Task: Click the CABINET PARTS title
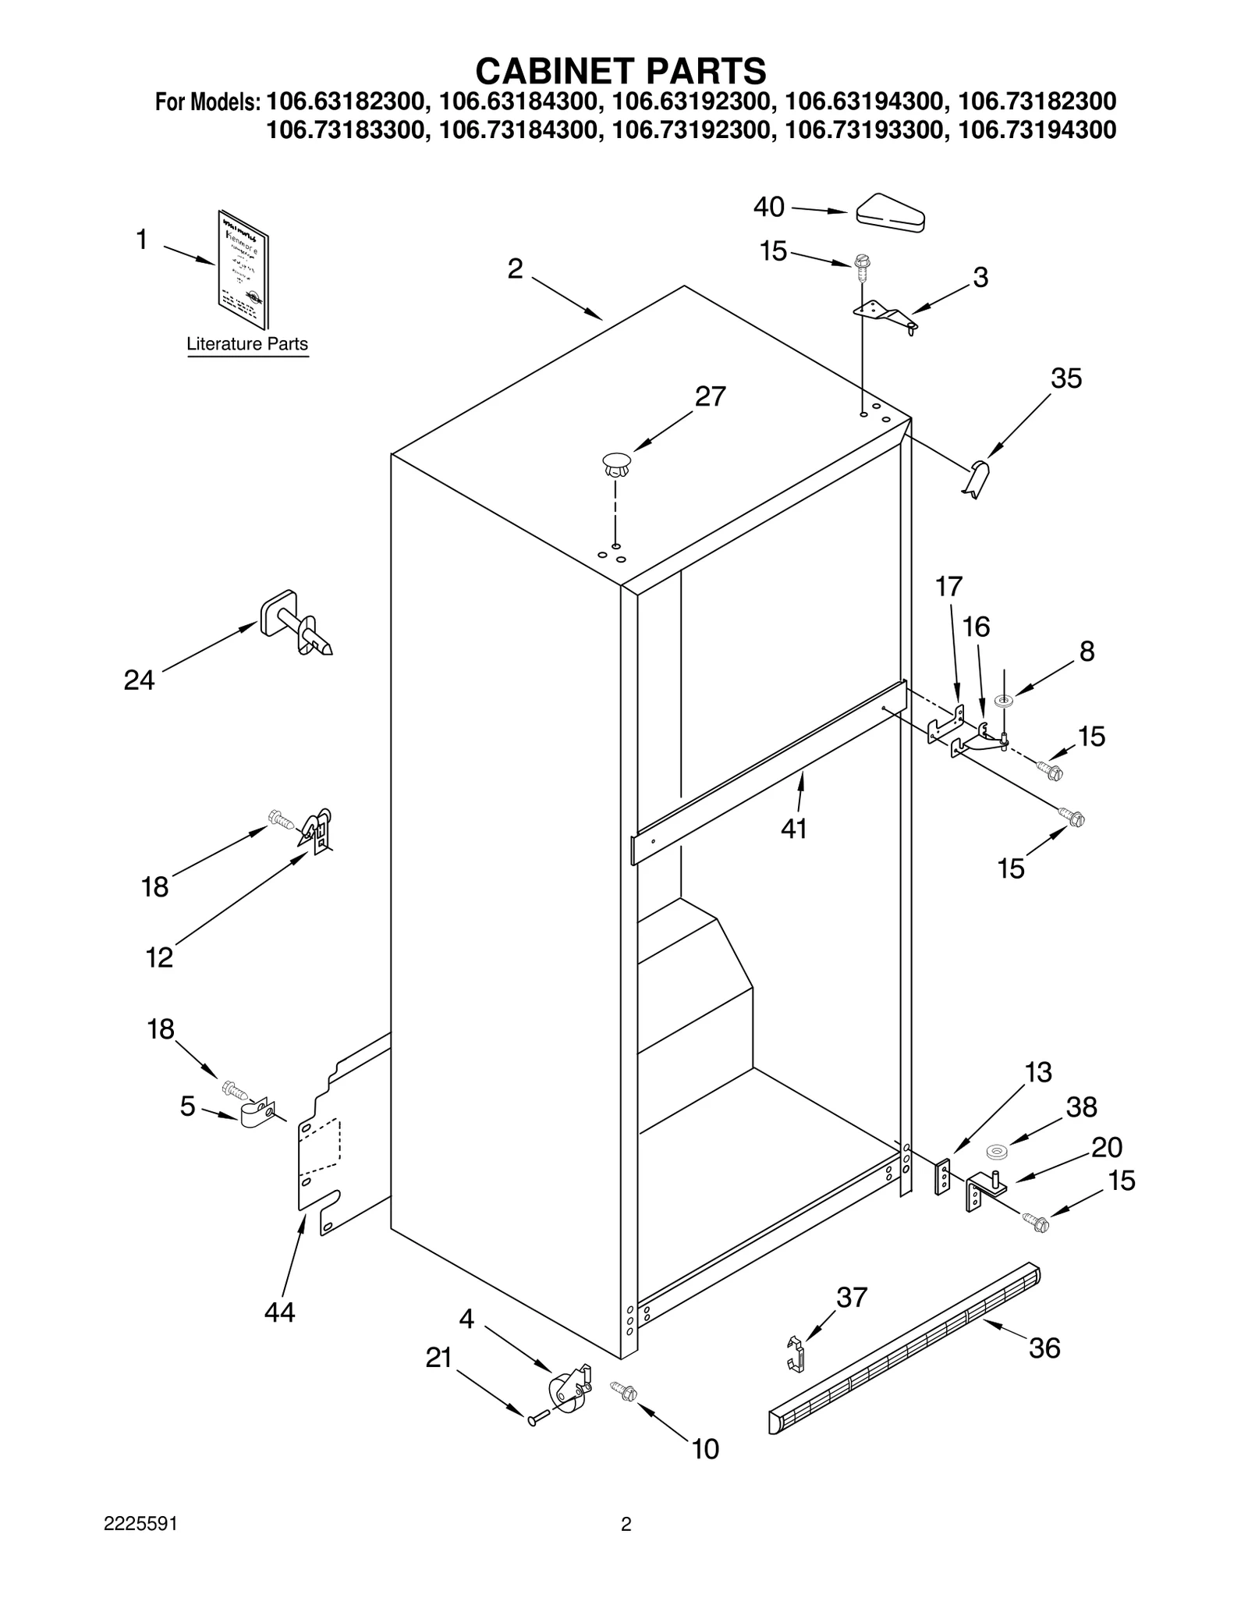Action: click(621, 71)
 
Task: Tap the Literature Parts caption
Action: click(247, 344)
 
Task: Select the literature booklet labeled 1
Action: click(243, 270)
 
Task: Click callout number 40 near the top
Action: click(768, 207)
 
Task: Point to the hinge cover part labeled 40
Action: click(890, 213)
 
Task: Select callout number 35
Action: click(1065, 378)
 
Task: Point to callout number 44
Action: click(279, 1312)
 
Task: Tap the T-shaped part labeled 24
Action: click(296, 623)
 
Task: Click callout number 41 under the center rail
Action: click(793, 829)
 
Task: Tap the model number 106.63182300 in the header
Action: click(346, 102)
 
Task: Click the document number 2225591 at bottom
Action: click(140, 1546)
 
